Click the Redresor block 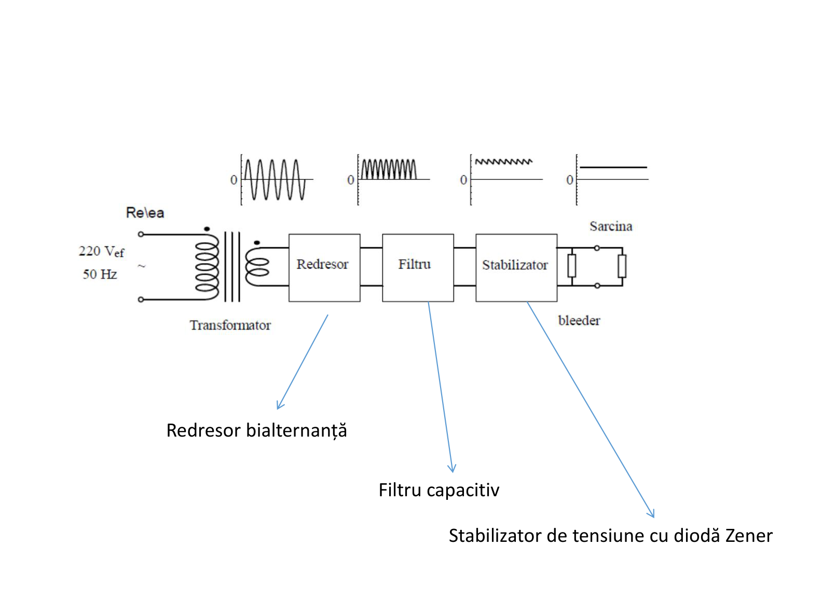(324, 268)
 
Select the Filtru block (418, 268)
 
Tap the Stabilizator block (516, 268)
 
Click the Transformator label (230, 325)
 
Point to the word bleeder (579, 320)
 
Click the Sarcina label (611, 226)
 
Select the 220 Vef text (101, 251)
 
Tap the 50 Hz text (100, 274)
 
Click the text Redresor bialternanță (256, 430)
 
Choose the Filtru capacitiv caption (439, 491)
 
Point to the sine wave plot (275, 179)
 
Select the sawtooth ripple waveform (504, 162)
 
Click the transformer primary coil (207, 267)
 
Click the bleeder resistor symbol (571, 266)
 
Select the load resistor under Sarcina (622, 267)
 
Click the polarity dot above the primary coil (207, 229)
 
